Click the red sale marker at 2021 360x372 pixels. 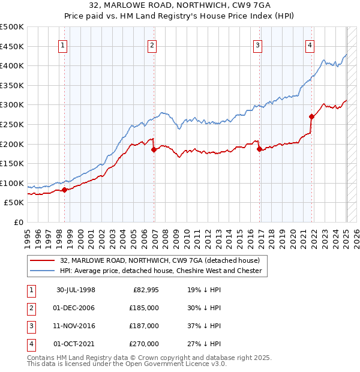(x=311, y=116)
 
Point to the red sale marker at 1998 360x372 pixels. (x=64, y=190)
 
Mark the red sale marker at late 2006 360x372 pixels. (x=154, y=149)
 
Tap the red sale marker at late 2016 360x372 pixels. (x=259, y=149)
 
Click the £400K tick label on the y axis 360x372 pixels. (x=12, y=65)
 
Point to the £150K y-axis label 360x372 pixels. (x=12, y=163)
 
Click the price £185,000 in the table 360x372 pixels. (x=145, y=308)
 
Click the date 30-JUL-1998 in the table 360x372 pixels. (x=76, y=290)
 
